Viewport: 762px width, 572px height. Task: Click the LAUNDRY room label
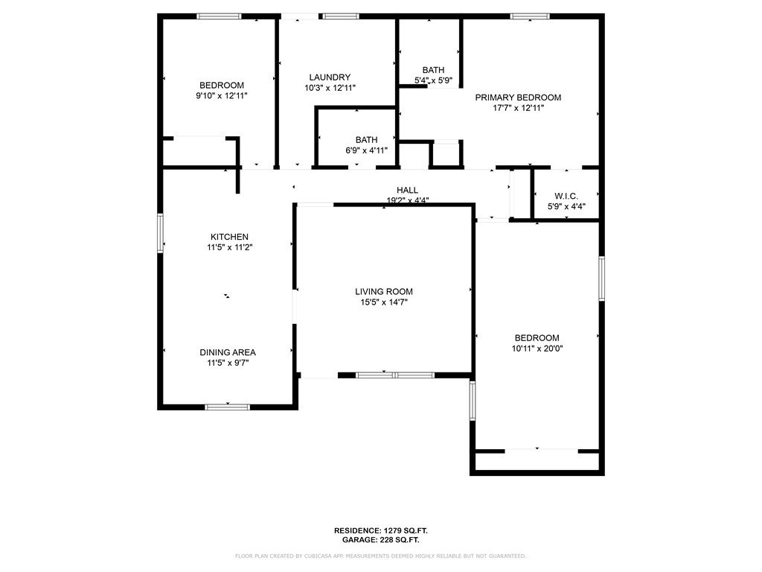tap(330, 77)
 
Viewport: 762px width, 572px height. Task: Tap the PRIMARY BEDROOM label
tap(518, 98)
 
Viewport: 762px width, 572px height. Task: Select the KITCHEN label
tap(229, 237)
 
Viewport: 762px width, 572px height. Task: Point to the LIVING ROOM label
tap(384, 291)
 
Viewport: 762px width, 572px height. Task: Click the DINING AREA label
tap(228, 352)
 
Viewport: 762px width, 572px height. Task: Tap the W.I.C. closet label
tap(566, 196)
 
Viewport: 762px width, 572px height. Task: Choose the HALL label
tap(407, 190)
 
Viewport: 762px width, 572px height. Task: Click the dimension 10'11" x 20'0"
tap(537, 349)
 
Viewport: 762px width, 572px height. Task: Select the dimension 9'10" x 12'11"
tap(222, 96)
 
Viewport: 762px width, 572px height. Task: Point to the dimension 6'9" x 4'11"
tap(366, 150)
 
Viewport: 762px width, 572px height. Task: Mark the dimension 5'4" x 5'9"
tap(433, 80)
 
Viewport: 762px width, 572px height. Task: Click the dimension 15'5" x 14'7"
tap(384, 302)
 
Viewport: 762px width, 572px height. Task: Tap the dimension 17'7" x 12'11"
tap(518, 108)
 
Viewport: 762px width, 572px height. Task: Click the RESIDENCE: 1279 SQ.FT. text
tap(381, 530)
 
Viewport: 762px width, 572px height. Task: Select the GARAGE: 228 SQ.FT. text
tap(381, 540)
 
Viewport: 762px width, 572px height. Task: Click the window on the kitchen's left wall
tap(161, 233)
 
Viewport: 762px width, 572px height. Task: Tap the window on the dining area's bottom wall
tap(228, 407)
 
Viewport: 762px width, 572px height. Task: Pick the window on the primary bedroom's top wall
tap(530, 16)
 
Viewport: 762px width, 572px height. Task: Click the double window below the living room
tap(395, 375)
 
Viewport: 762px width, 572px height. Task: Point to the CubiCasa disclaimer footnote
tap(380, 556)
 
